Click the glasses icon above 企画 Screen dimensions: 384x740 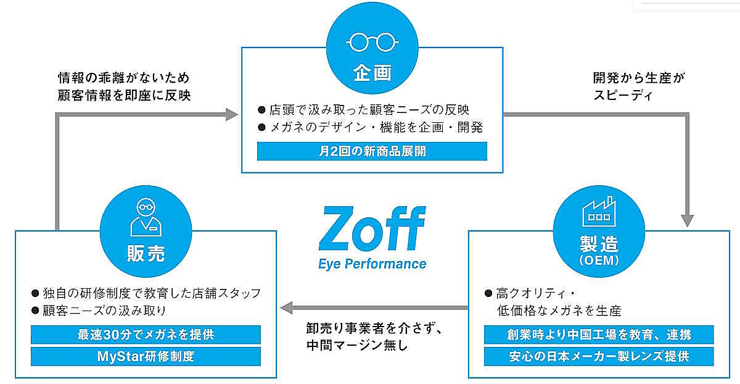(371, 43)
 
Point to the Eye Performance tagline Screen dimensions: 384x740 (372, 264)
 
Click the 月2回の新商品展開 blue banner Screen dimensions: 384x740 (372, 151)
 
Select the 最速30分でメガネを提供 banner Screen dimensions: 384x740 (146, 335)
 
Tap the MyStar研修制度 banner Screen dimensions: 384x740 (146, 356)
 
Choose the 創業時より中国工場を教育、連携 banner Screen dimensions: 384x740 (599, 335)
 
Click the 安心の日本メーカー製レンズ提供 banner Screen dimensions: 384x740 (599, 356)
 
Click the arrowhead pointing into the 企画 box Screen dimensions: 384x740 (231, 114)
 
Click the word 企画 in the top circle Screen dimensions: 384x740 (372, 73)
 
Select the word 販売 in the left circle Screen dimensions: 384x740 (146, 254)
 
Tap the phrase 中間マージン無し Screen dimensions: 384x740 (357, 344)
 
